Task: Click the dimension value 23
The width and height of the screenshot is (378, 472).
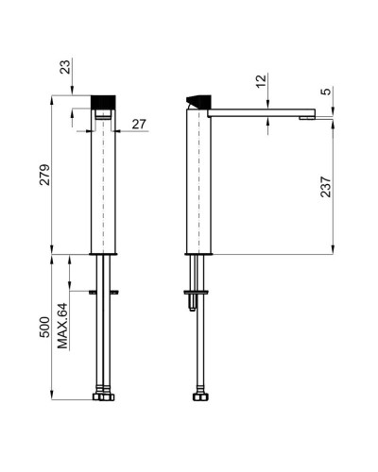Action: point(65,67)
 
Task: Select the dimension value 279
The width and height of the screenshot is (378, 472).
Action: point(44,175)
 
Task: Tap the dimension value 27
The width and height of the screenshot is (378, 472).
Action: point(139,125)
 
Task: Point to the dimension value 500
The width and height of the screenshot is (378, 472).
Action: point(44,327)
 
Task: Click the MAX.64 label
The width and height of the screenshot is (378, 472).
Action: point(62,326)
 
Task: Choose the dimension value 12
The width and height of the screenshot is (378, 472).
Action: point(261,81)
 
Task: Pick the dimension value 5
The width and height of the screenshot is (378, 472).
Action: point(327,92)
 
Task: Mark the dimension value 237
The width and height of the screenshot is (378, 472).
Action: point(326,187)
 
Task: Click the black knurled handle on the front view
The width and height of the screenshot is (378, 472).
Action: point(103,102)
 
